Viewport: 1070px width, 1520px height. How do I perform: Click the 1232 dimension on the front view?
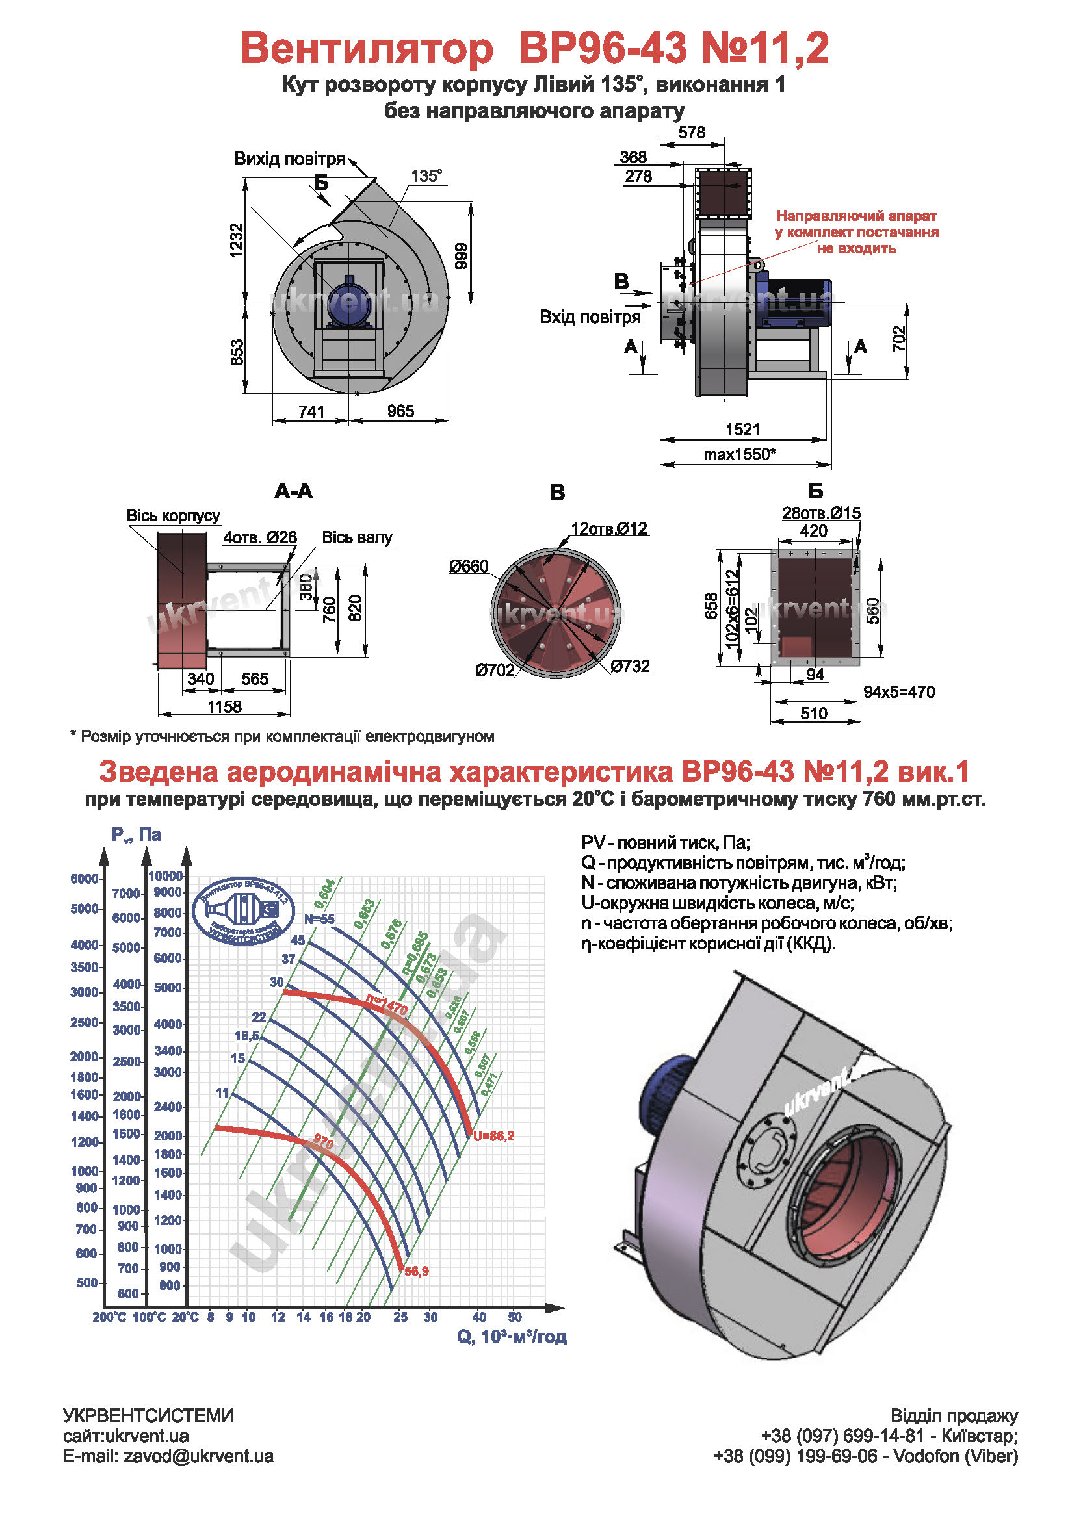pyautogui.click(x=237, y=240)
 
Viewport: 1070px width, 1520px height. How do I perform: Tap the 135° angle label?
pyautogui.click(x=426, y=176)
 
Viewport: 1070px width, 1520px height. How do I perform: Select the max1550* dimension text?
pyautogui.click(x=739, y=454)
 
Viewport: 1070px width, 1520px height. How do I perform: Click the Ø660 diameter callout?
pyautogui.click(x=468, y=566)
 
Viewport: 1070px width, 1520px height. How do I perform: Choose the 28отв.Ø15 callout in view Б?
pyautogui.click(x=821, y=512)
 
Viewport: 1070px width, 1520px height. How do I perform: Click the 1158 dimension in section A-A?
pyautogui.click(x=224, y=706)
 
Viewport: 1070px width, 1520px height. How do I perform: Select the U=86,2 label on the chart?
pyautogui.click(x=494, y=1136)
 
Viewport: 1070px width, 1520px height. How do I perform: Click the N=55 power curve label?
pyautogui.click(x=319, y=919)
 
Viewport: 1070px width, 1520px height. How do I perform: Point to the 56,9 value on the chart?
pyautogui.click(x=417, y=1271)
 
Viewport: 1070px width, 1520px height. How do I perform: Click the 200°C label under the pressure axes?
pyautogui.click(x=109, y=1317)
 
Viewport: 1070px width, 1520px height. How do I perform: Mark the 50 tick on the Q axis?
pyautogui.click(x=514, y=1317)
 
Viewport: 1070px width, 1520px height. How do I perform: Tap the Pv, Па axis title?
pyautogui.click(x=137, y=835)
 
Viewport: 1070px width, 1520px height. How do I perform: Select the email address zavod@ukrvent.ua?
pyautogui.click(x=198, y=1456)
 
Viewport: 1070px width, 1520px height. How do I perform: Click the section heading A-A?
pyautogui.click(x=293, y=491)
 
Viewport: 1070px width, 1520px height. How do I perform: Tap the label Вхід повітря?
pyautogui.click(x=590, y=316)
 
